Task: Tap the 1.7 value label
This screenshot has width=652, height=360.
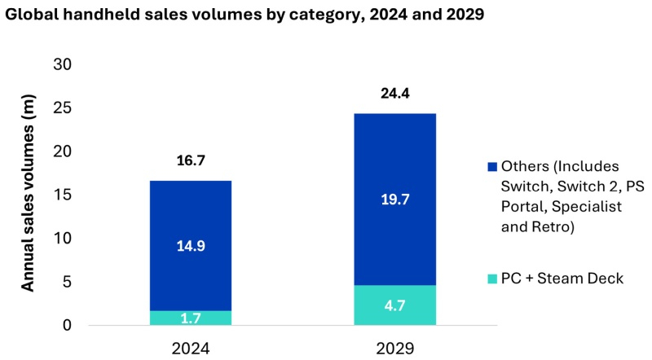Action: [x=190, y=318]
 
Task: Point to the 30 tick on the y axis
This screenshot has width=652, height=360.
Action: [x=62, y=65]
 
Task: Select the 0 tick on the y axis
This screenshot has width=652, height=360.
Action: [x=67, y=326]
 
